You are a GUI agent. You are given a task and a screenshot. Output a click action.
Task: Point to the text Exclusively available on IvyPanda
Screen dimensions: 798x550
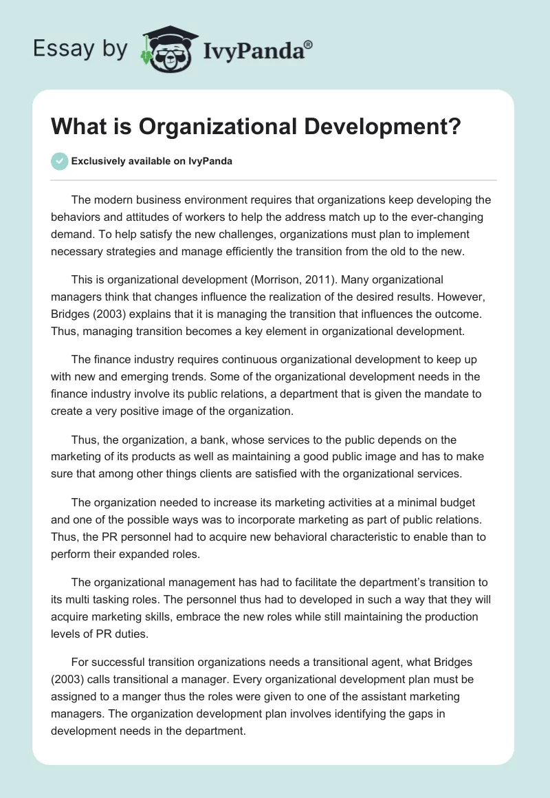152,162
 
